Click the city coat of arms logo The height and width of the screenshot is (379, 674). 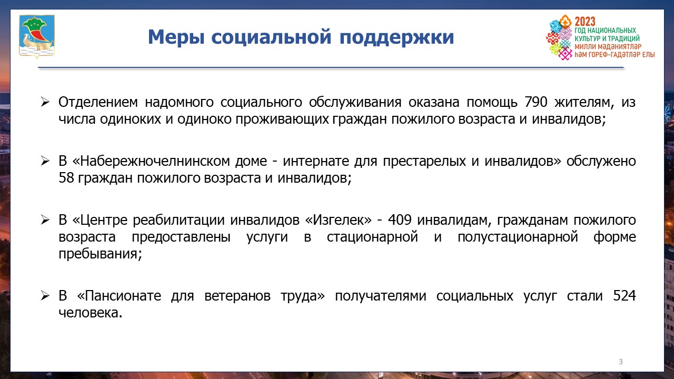click(37, 36)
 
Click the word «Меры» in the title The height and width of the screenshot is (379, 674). click(176, 37)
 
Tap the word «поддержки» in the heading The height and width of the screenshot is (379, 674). click(397, 38)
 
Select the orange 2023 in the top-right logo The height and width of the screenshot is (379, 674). click(584, 22)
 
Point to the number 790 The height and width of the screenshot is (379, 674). click(536, 102)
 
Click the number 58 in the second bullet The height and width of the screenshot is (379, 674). click(66, 178)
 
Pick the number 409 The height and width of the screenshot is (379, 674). click(400, 220)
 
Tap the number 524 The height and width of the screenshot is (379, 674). click(625, 296)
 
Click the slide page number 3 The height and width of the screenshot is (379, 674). click(620, 362)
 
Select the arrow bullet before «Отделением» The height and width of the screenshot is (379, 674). click(45, 102)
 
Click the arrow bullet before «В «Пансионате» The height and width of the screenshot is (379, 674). click(45, 296)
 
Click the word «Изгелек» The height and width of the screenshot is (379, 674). click(338, 220)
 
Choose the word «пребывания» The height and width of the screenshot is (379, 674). click(100, 254)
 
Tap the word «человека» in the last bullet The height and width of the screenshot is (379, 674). click(90, 313)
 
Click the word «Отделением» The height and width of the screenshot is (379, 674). click(98, 103)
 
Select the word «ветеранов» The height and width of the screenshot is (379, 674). click(237, 296)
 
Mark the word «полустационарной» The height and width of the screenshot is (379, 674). click(518, 237)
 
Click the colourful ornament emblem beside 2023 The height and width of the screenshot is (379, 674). click(559, 37)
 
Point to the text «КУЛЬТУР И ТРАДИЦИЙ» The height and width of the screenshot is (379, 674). click(607, 38)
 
